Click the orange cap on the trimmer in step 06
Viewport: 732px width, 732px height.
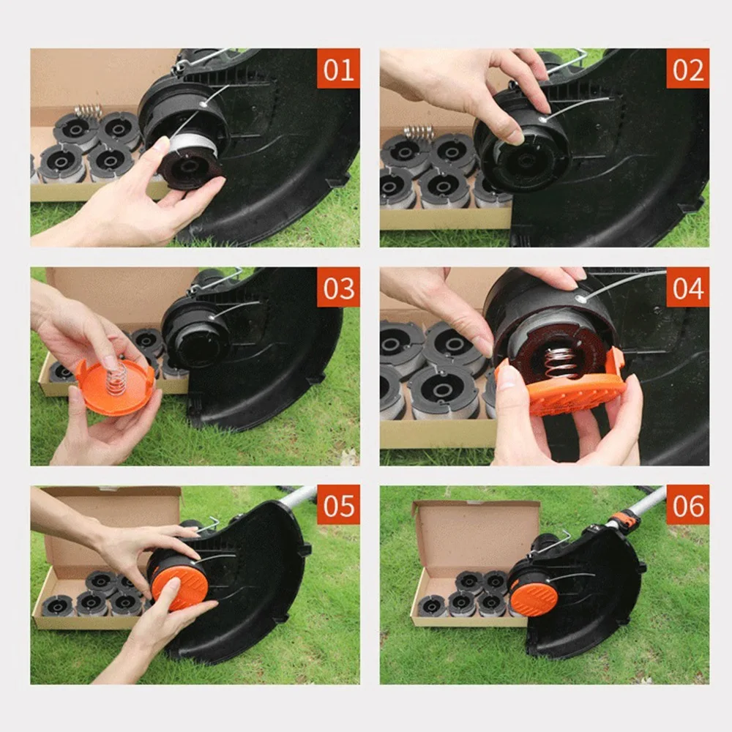tap(529, 597)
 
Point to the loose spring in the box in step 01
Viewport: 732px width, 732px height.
tap(87, 111)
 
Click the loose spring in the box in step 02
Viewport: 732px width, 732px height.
tap(419, 132)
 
